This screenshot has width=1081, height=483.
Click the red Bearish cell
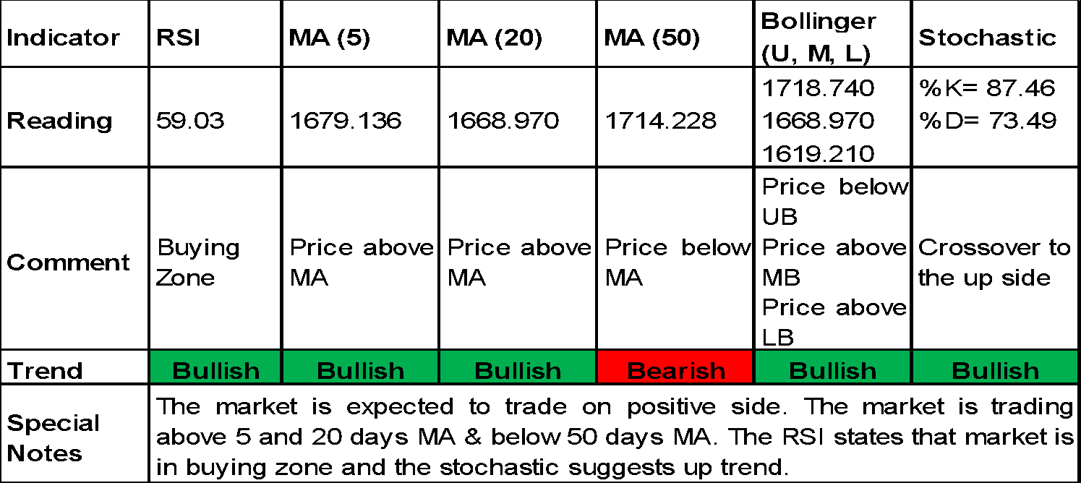pos(675,367)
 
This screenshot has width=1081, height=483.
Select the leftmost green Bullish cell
pos(215,367)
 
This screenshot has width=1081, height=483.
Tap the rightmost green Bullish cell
pos(995,367)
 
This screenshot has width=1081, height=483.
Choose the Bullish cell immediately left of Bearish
pos(517,367)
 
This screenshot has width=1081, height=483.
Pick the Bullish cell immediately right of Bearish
pos(832,367)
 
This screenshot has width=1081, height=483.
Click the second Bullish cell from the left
pos(360,367)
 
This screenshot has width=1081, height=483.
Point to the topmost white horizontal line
pos(832,33)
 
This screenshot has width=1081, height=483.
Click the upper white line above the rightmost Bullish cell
pos(995,101)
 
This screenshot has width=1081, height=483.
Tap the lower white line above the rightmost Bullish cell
pos(995,133)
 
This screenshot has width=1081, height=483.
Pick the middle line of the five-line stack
pos(832,133)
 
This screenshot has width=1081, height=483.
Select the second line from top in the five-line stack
pos(832,101)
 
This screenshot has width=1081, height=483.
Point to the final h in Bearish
pos(717,370)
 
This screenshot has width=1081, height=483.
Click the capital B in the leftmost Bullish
pos(181,371)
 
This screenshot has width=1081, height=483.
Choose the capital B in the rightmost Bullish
pos(961,371)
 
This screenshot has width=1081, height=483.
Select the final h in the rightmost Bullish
pos(1031,370)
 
